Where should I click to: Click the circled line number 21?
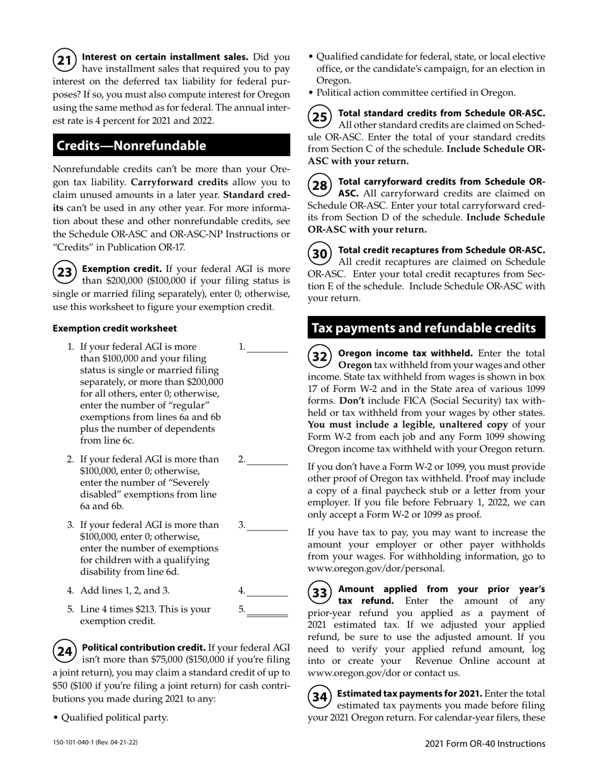(64, 61)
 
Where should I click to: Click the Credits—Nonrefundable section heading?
(132, 146)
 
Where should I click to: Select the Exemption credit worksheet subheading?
(115, 328)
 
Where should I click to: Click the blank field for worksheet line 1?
(267, 347)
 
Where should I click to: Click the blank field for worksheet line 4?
(267, 591)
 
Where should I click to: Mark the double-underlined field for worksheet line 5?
(267, 610)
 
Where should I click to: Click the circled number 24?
(64, 651)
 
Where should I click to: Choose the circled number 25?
(320, 117)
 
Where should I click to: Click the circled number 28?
(320, 186)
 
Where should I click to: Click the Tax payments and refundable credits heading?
(424, 328)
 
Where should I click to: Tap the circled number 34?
(320, 697)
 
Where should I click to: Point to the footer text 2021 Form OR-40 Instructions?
(485, 744)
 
